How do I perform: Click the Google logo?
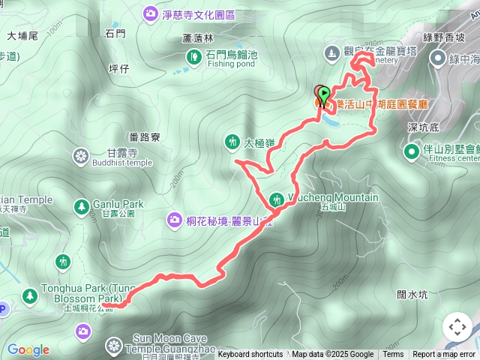point(28,349)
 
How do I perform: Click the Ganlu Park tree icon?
point(80,205)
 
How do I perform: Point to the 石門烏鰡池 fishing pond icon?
point(194,55)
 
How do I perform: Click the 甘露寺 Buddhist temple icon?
point(81,156)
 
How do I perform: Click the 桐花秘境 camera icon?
point(174,219)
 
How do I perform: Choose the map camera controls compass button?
point(457,327)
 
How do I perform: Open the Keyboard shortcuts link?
point(250,355)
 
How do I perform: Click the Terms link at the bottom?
point(393,355)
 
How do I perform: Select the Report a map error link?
point(443,355)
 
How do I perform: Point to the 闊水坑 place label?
point(412,295)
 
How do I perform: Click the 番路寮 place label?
point(144,137)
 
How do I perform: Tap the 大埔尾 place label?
point(22,35)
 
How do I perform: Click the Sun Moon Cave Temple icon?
point(113,346)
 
